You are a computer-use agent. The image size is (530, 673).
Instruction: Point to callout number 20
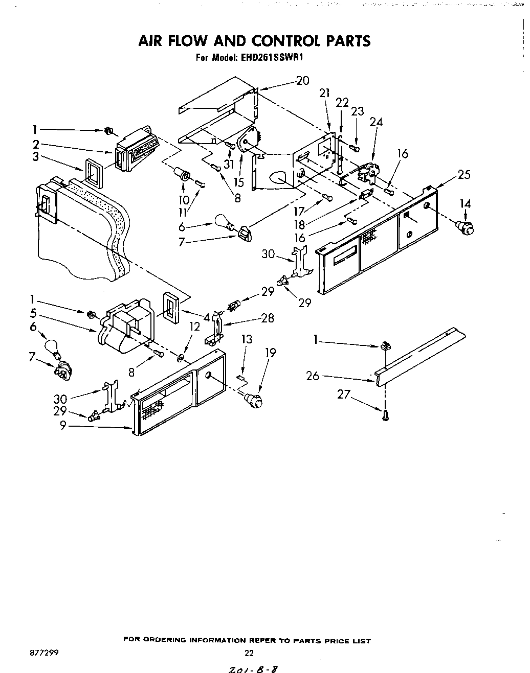coord(302,81)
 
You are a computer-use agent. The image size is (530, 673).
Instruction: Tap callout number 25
coord(463,174)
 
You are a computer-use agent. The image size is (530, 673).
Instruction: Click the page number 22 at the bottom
coord(249,652)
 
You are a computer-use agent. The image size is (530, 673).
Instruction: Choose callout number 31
coord(228,164)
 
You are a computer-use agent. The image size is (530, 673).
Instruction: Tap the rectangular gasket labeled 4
coord(171,309)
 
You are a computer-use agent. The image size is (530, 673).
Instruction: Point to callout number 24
coord(376,122)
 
